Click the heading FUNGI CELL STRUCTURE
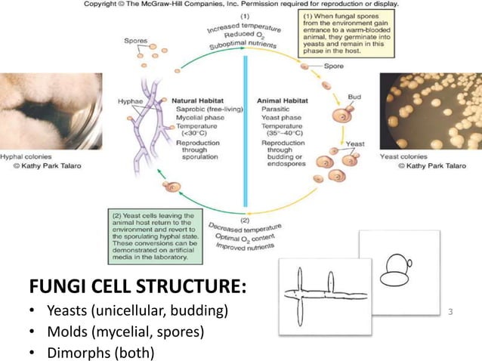coord(140,288)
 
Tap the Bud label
coord(354,97)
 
